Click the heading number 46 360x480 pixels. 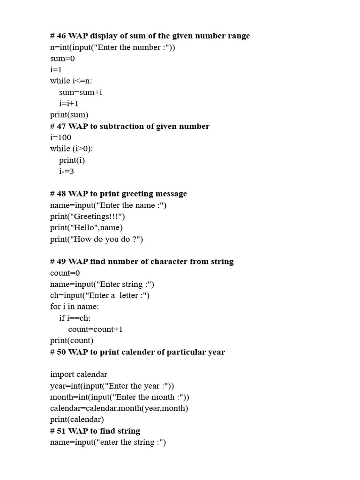pos(61,36)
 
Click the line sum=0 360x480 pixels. pos(62,59)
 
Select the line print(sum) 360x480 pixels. pos(69,115)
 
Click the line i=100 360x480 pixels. pos(60,137)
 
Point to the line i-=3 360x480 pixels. pos(67,171)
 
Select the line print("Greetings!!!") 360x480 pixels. pos(88,217)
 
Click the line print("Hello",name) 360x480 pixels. pos(86,228)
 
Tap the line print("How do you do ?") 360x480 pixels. pos(97,239)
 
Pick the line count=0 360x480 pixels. pos(65,273)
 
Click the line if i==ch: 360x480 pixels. pos(75,318)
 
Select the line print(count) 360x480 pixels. pos(72,340)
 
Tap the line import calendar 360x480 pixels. pos(79,375)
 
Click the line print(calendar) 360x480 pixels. pos(77,420)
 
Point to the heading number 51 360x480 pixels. pos(61,431)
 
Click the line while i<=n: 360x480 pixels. pos(71,81)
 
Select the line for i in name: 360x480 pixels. pos(75,307)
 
